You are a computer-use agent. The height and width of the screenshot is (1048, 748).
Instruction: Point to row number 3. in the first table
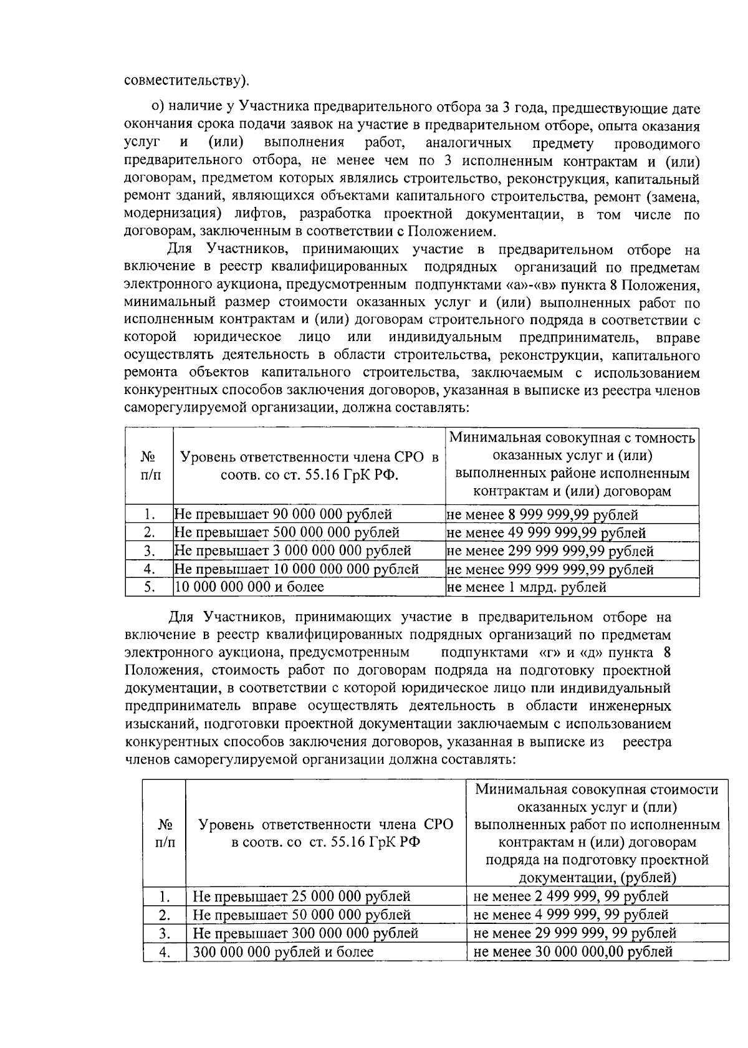click(x=149, y=551)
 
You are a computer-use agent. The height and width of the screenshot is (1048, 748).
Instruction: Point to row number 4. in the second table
click(x=165, y=951)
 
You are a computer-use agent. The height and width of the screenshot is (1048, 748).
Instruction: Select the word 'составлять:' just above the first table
click(x=433, y=409)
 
